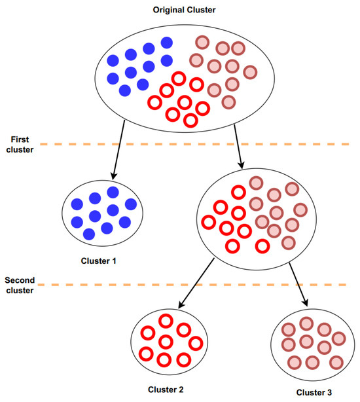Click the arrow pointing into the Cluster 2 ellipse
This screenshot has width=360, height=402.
[x=196, y=282]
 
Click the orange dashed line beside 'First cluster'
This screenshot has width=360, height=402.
[x=196, y=143]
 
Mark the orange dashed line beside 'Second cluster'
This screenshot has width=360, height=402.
[x=196, y=285]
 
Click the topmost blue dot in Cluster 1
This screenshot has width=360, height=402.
[x=113, y=192]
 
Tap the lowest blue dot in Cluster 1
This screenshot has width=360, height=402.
[x=89, y=234]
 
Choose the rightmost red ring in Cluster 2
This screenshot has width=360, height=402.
[x=195, y=343]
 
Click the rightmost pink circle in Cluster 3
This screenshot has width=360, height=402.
[x=338, y=338]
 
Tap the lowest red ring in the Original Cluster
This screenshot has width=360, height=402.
[x=191, y=120]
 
